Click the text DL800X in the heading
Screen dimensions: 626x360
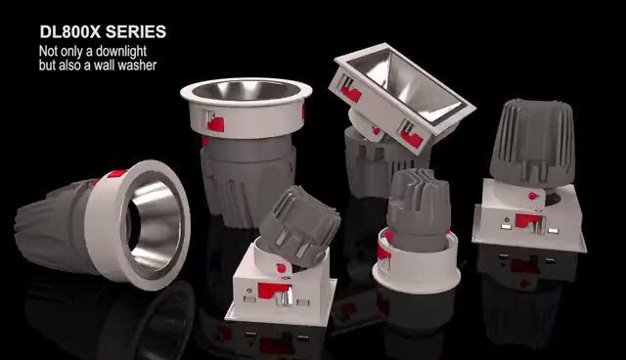69,32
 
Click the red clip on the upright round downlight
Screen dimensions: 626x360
215,124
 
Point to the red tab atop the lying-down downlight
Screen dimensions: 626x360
116,173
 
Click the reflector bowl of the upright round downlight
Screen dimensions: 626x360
246,91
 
